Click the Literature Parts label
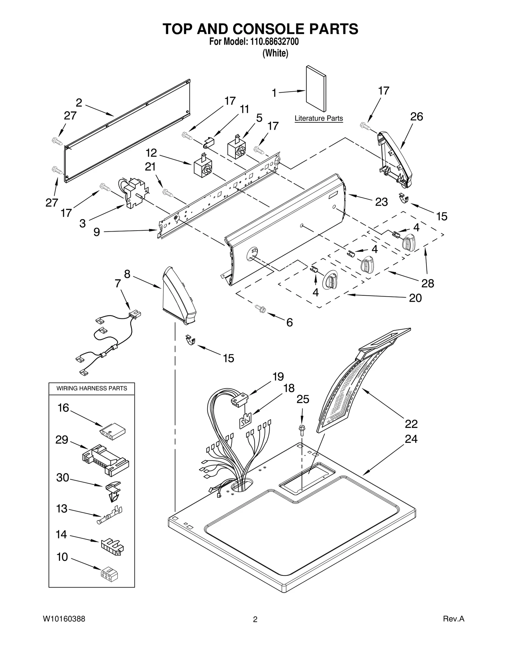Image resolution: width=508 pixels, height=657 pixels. pyautogui.click(x=318, y=118)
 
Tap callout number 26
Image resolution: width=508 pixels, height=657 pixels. pyautogui.click(x=416, y=117)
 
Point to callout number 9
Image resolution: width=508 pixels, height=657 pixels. pyautogui.click(x=97, y=232)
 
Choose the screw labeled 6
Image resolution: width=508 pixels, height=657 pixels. pyautogui.click(x=261, y=308)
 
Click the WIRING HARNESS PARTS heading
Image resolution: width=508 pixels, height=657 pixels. pyautogui.click(x=91, y=388)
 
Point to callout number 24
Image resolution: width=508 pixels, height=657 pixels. pyautogui.click(x=411, y=439)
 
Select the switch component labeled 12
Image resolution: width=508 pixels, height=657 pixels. pyautogui.click(x=202, y=166)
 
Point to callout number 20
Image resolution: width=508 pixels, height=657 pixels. pyautogui.click(x=415, y=298)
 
